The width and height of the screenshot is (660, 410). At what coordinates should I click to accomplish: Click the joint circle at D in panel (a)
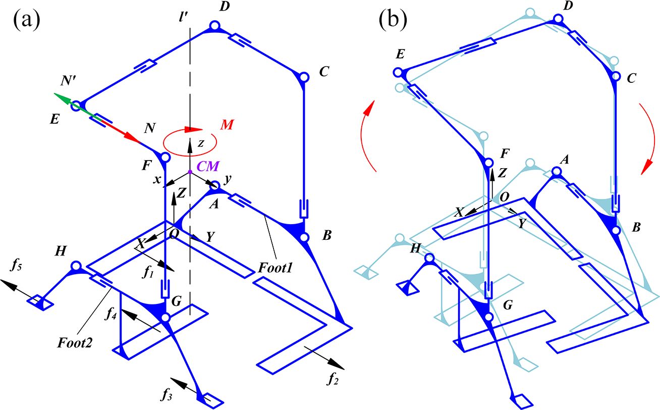click(215, 26)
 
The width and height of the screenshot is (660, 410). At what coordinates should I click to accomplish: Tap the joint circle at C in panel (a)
click(303, 77)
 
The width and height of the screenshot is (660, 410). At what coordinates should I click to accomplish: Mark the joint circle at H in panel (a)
click(76, 266)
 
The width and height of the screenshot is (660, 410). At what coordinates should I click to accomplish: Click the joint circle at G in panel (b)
click(488, 317)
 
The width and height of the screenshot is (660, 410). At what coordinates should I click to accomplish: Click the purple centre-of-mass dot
click(190, 173)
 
